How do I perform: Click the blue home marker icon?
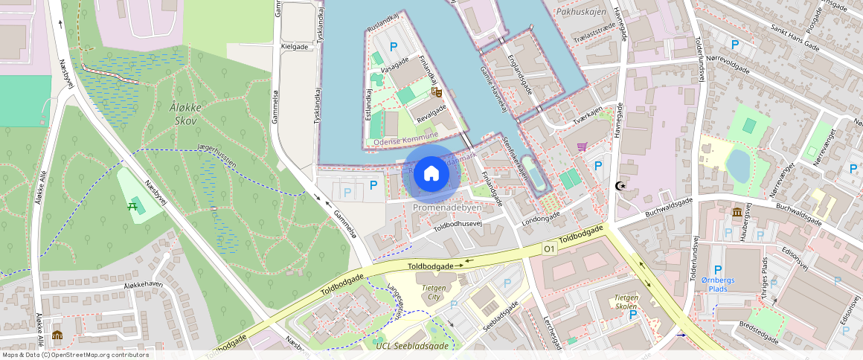tap(431, 174)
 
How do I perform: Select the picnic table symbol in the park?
tap(136, 205)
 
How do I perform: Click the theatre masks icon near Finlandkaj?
tap(437, 92)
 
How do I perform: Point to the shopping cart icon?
tap(582, 147)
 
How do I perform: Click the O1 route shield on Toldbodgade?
tap(550, 248)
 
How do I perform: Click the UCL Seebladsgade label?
tap(412, 346)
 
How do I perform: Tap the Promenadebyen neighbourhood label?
tap(447, 208)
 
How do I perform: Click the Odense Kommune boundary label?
tap(406, 141)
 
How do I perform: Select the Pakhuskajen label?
tap(581, 12)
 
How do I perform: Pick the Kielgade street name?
tap(295, 46)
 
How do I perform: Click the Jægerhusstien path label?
tap(216, 155)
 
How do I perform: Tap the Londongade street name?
tap(542, 219)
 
